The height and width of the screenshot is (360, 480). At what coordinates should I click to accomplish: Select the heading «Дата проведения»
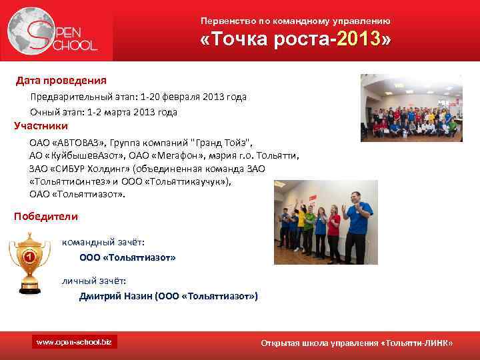(61, 81)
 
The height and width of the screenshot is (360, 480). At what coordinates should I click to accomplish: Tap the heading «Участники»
(41, 125)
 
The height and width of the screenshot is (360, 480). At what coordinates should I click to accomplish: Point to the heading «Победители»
(46, 216)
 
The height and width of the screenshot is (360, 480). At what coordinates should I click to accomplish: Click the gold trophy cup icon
(29, 262)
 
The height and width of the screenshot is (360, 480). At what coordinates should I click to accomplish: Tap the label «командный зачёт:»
(103, 242)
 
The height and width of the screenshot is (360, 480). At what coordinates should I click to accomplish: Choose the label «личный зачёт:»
(94, 281)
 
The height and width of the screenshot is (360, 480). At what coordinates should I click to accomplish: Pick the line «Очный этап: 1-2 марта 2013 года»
(103, 112)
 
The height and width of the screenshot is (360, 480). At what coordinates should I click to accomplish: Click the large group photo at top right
(411, 107)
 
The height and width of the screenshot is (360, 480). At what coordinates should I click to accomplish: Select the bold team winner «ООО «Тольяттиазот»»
(127, 257)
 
